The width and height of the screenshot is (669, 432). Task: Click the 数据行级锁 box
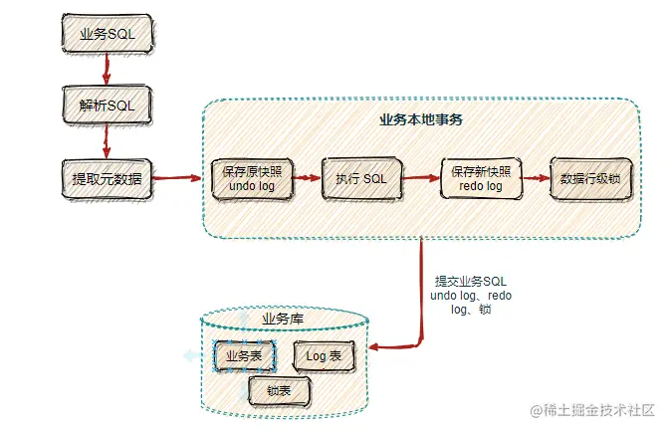coord(590,179)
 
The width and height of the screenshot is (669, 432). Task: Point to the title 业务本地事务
coord(421,119)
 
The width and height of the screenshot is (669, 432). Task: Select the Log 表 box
coord(323,355)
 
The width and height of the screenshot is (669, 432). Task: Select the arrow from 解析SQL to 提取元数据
coord(105,142)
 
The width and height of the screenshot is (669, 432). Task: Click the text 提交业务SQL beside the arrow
coord(471,282)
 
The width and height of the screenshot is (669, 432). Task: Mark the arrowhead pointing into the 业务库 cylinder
coord(373,348)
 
